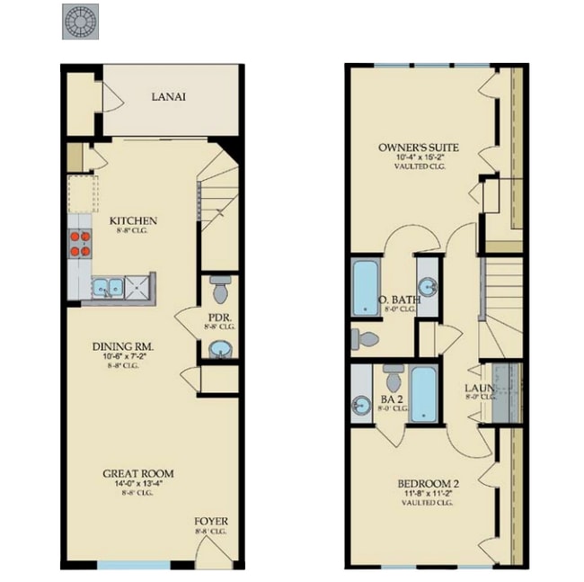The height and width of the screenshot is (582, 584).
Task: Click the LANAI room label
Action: pyautogui.click(x=169, y=98)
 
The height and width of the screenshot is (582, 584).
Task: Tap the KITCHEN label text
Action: pyautogui.click(x=134, y=221)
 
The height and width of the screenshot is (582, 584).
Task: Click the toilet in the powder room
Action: pyautogui.click(x=218, y=289)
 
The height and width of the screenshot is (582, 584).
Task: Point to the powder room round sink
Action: pyautogui.click(x=218, y=349)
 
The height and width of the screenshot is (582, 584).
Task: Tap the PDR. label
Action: pyautogui.click(x=220, y=318)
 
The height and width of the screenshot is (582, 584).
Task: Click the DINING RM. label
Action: pyautogui.click(x=124, y=346)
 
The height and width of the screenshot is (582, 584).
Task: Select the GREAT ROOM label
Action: pyautogui.click(x=137, y=473)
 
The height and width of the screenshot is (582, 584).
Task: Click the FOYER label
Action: pyautogui.click(x=211, y=522)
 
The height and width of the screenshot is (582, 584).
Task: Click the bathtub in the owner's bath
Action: pyautogui.click(x=365, y=289)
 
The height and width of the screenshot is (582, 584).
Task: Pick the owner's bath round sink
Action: pyautogui.click(x=429, y=288)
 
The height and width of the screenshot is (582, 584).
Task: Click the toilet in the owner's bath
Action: pyautogui.click(x=365, y=339)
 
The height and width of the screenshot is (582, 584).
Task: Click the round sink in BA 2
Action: pyautogui.click(x=361, y=405)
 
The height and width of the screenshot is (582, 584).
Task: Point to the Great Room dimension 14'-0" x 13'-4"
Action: pyautogui.click(x=137, y=484)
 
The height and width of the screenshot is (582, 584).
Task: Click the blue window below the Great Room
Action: pyautogui.click(x=133, y=565)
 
